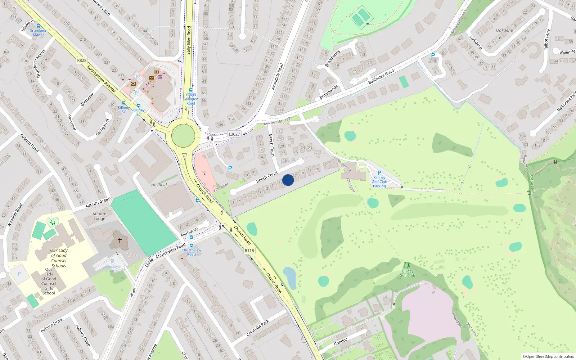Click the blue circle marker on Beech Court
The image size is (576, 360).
tap(288, 180)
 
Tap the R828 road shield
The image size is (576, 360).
tap(82, 60)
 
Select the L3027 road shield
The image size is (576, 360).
tap(234, 134)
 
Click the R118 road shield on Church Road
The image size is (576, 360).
tap(249, 251)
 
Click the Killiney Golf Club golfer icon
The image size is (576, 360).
tap(407, 265)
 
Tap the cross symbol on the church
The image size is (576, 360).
tap(120, 240)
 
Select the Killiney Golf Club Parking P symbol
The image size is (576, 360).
tap(379, 173)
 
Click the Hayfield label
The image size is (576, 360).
tap(159, 185)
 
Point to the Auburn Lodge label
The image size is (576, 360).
tap(99, 216)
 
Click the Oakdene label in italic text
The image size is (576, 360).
tap(504, 30)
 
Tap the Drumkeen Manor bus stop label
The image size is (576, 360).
tap(38, 33)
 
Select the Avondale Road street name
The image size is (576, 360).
tap(277, 76)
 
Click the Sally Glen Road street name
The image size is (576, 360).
tap(189, 40)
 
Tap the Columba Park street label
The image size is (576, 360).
tap(257, 328)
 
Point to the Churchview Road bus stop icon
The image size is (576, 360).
tap(191, 246)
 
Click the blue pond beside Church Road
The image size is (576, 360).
tap(289, 278)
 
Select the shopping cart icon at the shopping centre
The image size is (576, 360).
tap(160, 76)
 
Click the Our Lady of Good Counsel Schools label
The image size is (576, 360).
tap(59, 258)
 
